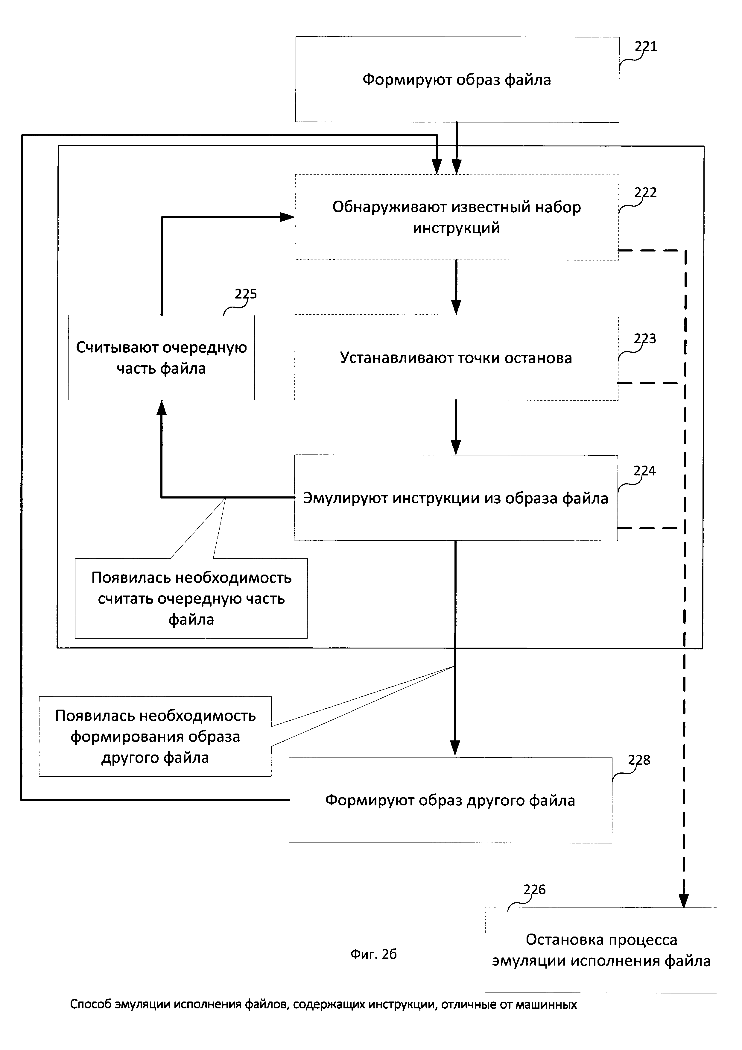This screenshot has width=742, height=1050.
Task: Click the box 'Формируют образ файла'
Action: pyautogui.click(x=457, y=80)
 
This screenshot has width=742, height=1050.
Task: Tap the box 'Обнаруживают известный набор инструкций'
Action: pyautogui.click(x=457, y=217)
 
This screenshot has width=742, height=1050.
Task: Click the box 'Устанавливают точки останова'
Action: pyautogui.click(x=456, y=357)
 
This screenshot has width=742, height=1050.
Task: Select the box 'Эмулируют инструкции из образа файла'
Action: pyautogui.click(x=456, y=498)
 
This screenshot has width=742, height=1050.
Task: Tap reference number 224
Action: pyautogui.click(x=644, y=471)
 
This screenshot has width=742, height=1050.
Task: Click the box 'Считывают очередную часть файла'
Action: pyautogui.click(x=161, y=357)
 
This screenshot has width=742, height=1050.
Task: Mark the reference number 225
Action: pyautogui.click(x=246, y=294)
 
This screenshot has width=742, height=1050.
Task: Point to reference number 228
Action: pyautogui.click(x=639, y=760)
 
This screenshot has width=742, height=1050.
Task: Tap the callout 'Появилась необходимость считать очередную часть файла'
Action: pyautogui.click(x=191, y=599)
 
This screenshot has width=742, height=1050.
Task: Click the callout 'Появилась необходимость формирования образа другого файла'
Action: pyautogui.click(x=155, y=737)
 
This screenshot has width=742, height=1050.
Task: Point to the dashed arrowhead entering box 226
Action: pyautogui.click(x=684, y=901)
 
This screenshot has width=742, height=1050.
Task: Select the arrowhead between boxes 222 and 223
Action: pyautogui.click(x=456, y=306)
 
